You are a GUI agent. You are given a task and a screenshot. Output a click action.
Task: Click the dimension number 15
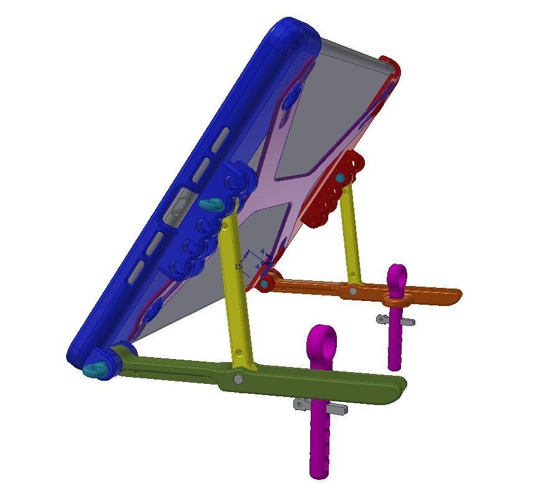pos(238,266)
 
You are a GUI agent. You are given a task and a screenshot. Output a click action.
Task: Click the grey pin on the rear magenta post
pos(395,320)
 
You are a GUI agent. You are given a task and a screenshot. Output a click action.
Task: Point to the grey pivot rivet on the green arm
pos(238,379)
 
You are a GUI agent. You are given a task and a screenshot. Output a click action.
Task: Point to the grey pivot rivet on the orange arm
pos(353,290)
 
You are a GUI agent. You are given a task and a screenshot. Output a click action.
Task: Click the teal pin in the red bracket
pos(340,178)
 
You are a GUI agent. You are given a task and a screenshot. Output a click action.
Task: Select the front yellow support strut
pos(235,287)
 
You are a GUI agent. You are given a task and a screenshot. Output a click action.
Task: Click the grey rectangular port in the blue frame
pos(177,209)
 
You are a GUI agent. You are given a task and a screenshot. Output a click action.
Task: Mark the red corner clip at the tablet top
pos(391,67)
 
